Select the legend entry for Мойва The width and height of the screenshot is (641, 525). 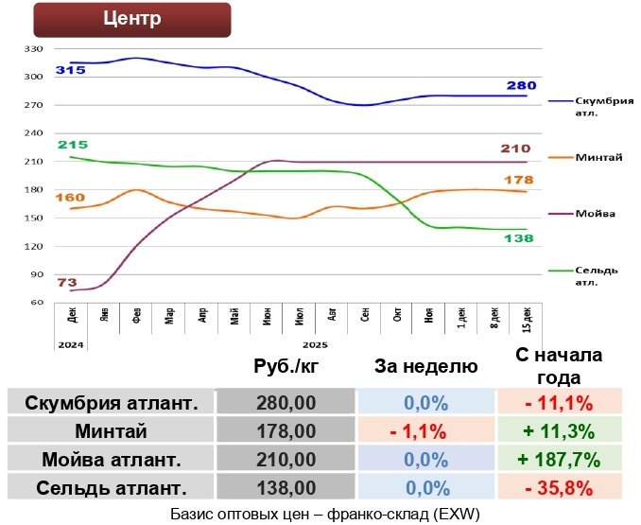coord(595,214)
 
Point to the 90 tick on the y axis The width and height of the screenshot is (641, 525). coord(36,275)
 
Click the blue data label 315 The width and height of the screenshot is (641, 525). coord(70,70)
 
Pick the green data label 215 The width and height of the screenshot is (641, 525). coord(72,145)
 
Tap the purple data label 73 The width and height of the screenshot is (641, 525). coord(67,282)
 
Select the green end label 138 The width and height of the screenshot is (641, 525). coord(519,239)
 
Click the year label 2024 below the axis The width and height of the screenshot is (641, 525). coord(71,345)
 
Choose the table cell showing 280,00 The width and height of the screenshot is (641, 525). coord(286,403)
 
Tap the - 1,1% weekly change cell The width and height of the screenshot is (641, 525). coord(425,432)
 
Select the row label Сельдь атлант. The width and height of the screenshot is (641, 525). coord(111,489)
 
